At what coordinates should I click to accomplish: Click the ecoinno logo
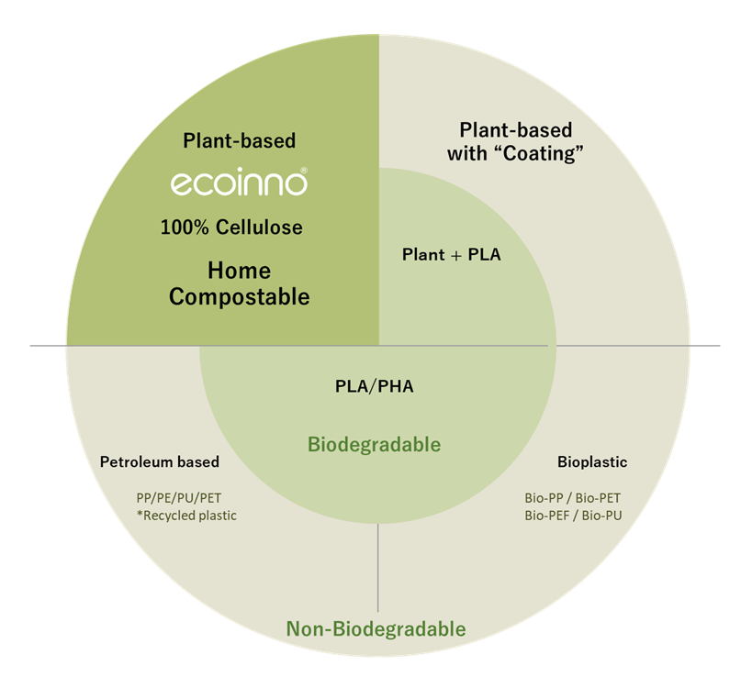239,183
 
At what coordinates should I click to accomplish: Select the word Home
239,271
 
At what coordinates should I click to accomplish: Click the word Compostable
240,297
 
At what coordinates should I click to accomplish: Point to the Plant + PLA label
452,254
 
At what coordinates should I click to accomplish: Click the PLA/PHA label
374,386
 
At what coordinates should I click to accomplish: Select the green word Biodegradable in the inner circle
374,445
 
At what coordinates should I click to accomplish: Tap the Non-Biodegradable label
376,629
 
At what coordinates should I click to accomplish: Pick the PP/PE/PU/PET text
178,498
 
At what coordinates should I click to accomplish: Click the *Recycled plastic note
185,516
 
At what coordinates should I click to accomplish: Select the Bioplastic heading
592,461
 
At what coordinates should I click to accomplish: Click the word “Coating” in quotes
542,153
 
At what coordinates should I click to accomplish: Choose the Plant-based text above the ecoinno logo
239,140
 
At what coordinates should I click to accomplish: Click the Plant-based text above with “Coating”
515,129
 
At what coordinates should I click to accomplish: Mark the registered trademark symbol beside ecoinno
303,171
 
